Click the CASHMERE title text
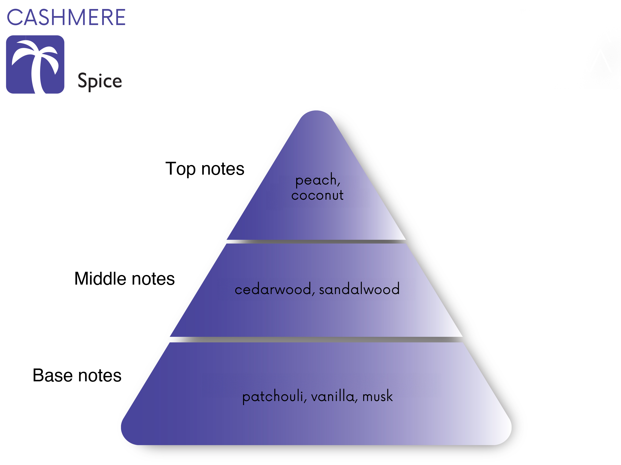(66, 17)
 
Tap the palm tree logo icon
(35, 64)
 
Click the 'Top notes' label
(205, 169)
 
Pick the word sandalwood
(359, 288)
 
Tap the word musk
(378, 396)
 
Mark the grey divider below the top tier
(316, 242)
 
